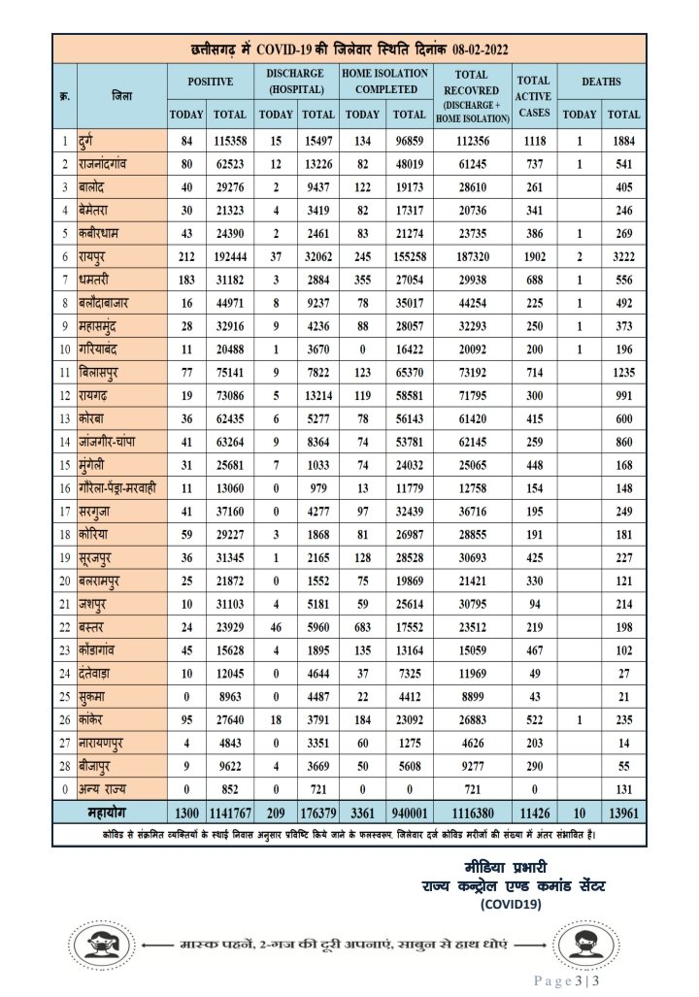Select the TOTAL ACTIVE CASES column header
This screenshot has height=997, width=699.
533,95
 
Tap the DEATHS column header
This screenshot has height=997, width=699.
601,82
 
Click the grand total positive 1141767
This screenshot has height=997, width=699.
229,811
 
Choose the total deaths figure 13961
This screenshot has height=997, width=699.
623,811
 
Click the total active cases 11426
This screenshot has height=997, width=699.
534,811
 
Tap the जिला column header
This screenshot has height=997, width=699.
121,96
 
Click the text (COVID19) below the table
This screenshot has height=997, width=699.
512,904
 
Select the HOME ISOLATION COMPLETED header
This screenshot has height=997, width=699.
384,82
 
